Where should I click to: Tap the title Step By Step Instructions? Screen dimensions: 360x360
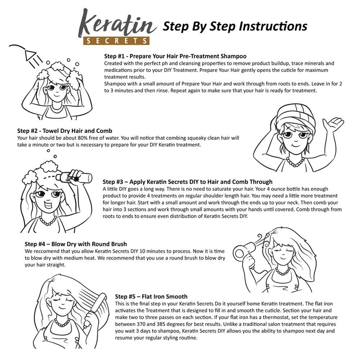(234, 26)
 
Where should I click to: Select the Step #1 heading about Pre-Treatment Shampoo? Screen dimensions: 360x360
(175, 57)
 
